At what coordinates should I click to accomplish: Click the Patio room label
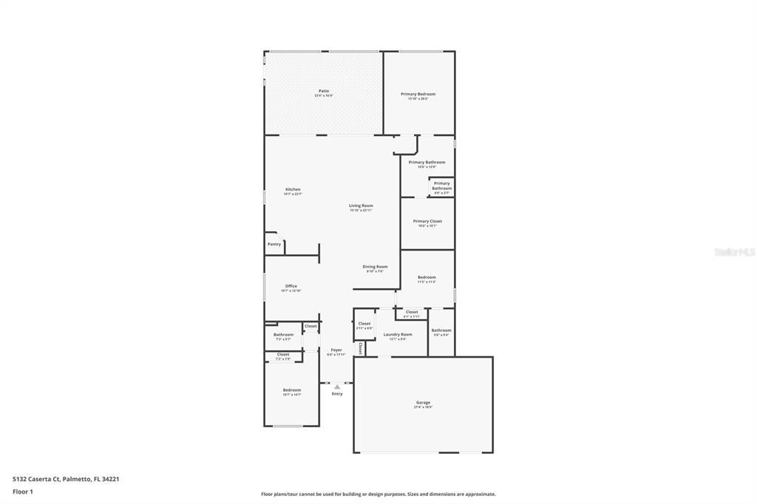(324, 91)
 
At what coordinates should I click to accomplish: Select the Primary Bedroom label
(418, 94)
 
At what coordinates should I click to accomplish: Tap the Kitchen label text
(293, 189)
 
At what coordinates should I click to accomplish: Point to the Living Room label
(361, 205)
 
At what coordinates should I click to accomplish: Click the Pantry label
(274, 244)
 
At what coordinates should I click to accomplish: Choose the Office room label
(291, 286)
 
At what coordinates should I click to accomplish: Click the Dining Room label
(375, 266)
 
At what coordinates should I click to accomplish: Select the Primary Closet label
(427, 221)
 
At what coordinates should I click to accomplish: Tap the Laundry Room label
(397, 334)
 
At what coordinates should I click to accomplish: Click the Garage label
(423, 402)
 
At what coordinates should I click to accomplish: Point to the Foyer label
(336, 350)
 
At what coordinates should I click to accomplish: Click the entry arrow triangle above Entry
(337, 386)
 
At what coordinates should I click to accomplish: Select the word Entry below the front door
(337, 394)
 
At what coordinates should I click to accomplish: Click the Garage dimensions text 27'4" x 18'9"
(423, 407)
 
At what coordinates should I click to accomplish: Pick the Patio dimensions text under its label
(324, 96)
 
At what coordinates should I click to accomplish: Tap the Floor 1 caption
(23, 491)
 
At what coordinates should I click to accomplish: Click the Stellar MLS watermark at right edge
(734, 252)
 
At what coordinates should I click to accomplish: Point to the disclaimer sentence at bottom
(378, 494)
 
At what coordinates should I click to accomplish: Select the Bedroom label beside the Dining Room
(427, 277)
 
